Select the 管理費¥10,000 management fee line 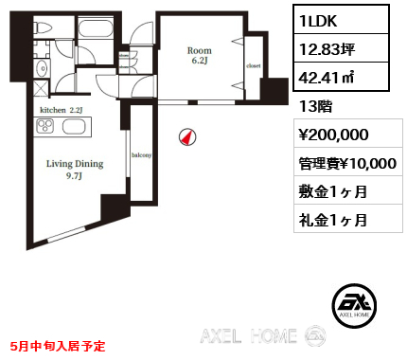point(346,163)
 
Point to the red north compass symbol point(187,137)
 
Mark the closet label point(253,65)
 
